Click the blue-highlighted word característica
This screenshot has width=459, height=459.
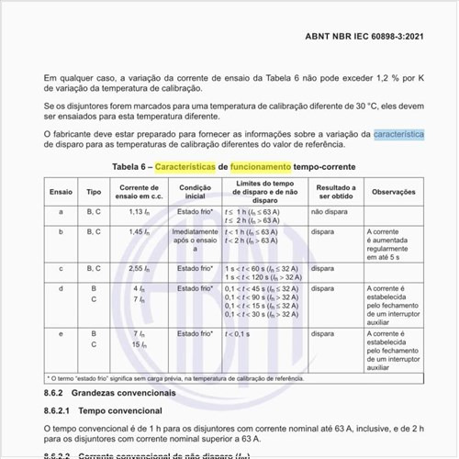[x=398, y=133]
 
